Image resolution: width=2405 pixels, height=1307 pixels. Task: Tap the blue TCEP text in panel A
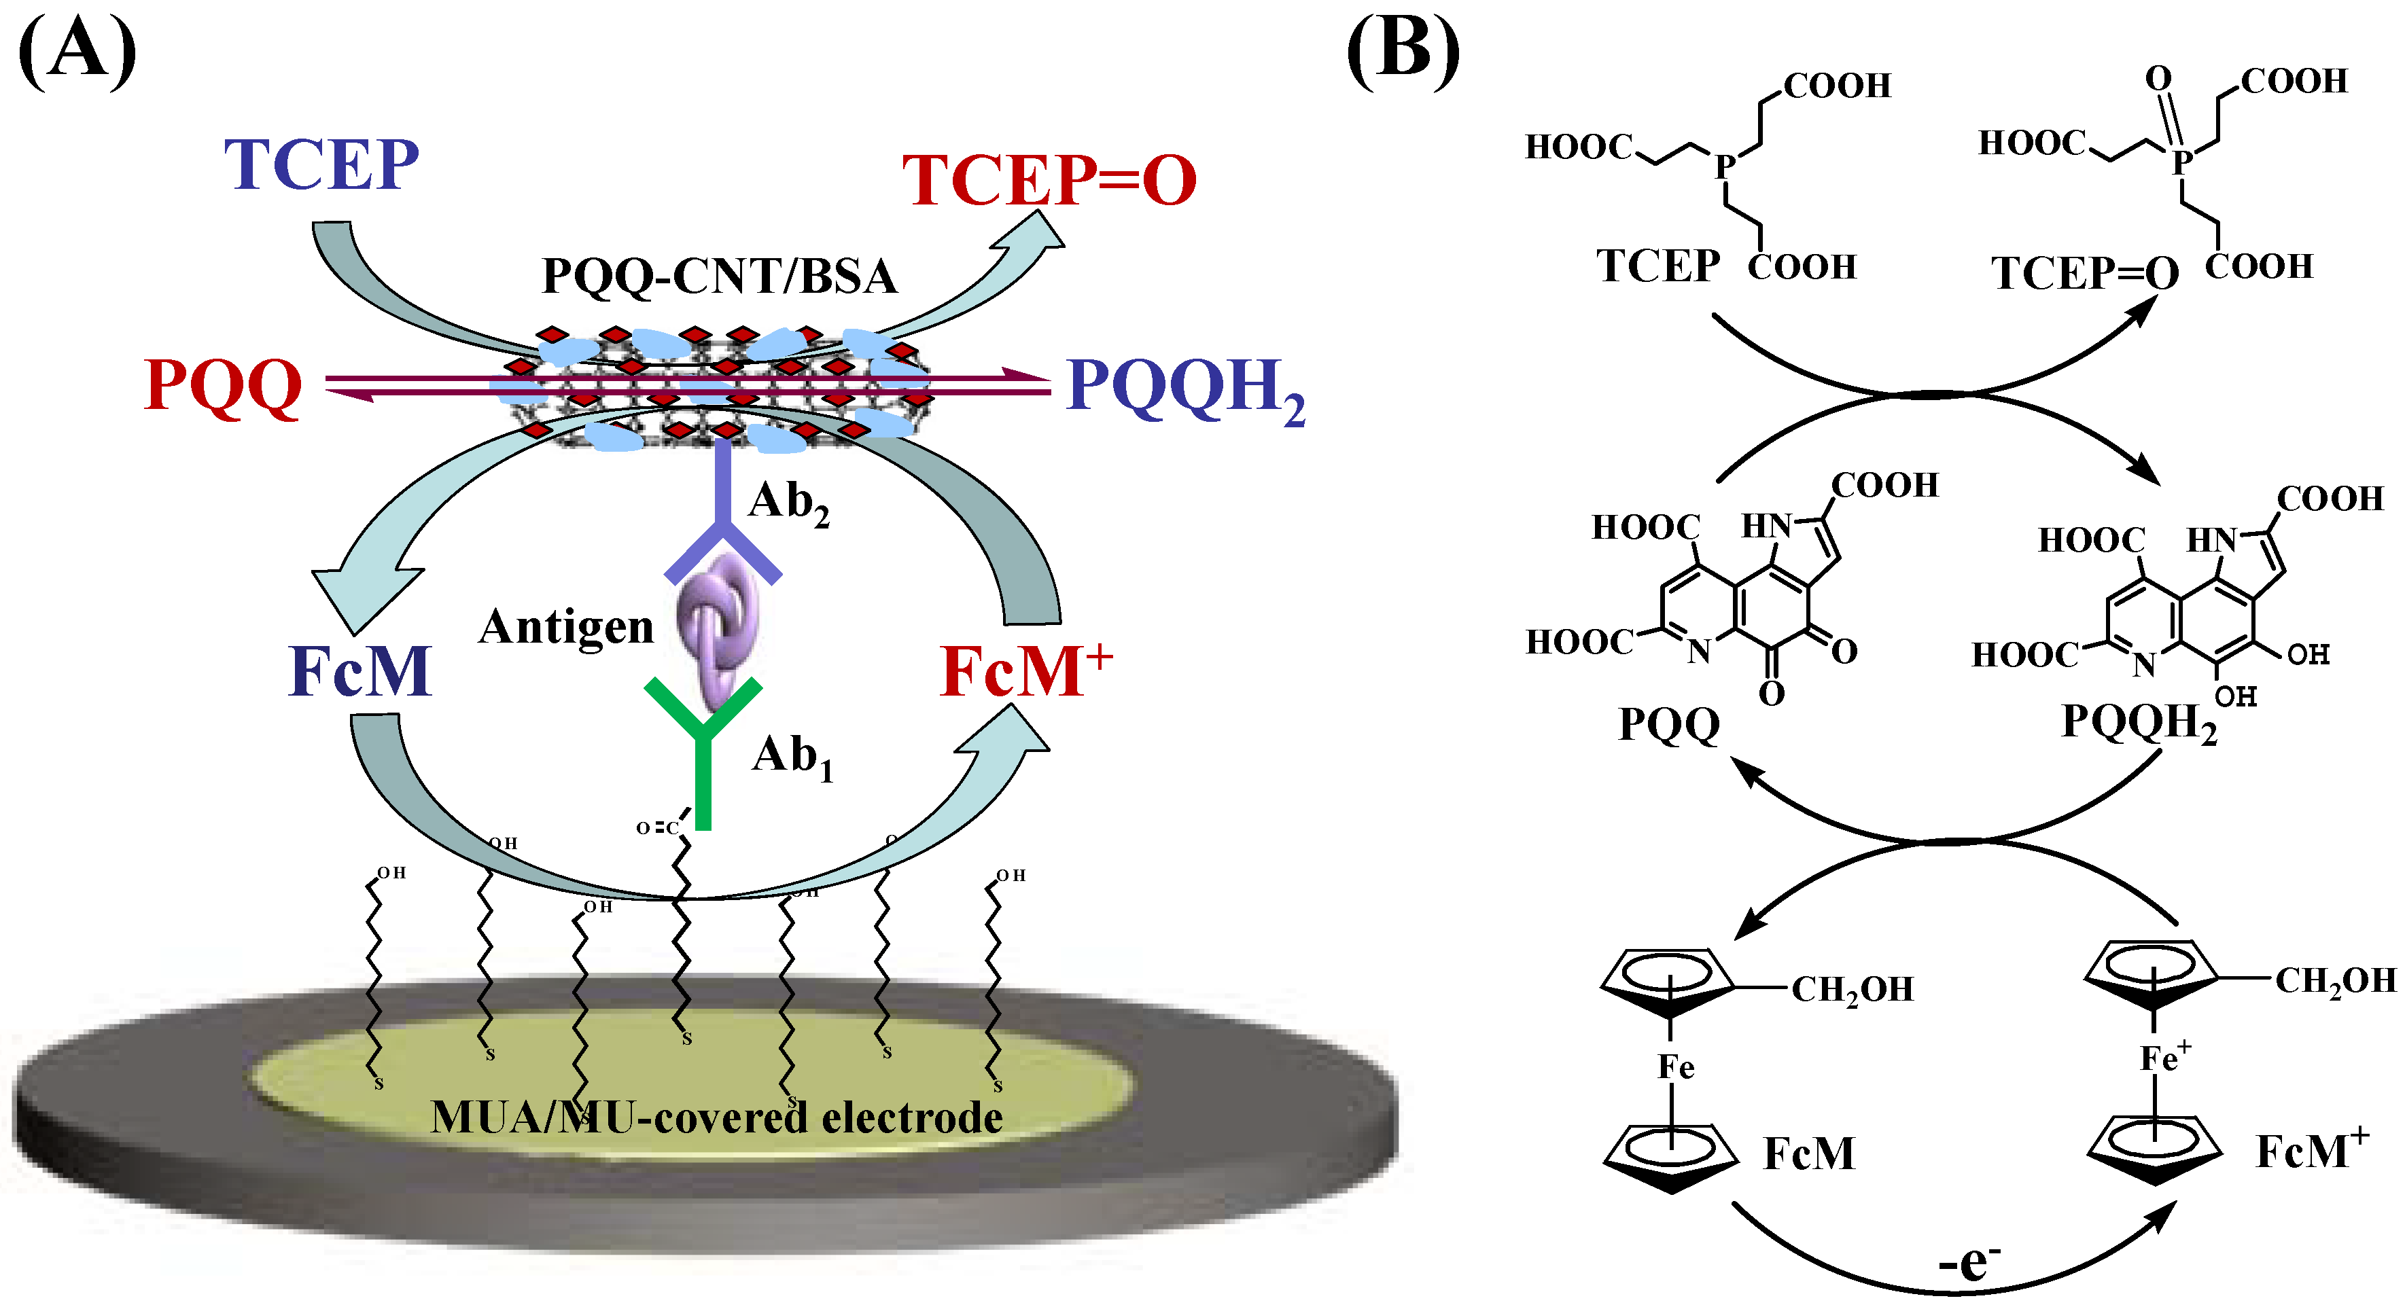point(321,164)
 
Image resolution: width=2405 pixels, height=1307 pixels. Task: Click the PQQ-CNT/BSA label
point(719,276)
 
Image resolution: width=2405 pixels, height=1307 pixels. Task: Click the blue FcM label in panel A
point(359,671)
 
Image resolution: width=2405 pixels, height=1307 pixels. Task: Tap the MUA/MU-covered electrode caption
point(716,1117)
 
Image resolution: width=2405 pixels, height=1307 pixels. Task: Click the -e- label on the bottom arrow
point(1967,1262)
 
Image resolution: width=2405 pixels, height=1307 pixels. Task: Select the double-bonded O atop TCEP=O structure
point(2158,78)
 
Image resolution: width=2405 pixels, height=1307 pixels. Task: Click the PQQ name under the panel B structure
point(1668,723)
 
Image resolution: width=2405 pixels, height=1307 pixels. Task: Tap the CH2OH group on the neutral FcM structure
point(1851,988)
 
